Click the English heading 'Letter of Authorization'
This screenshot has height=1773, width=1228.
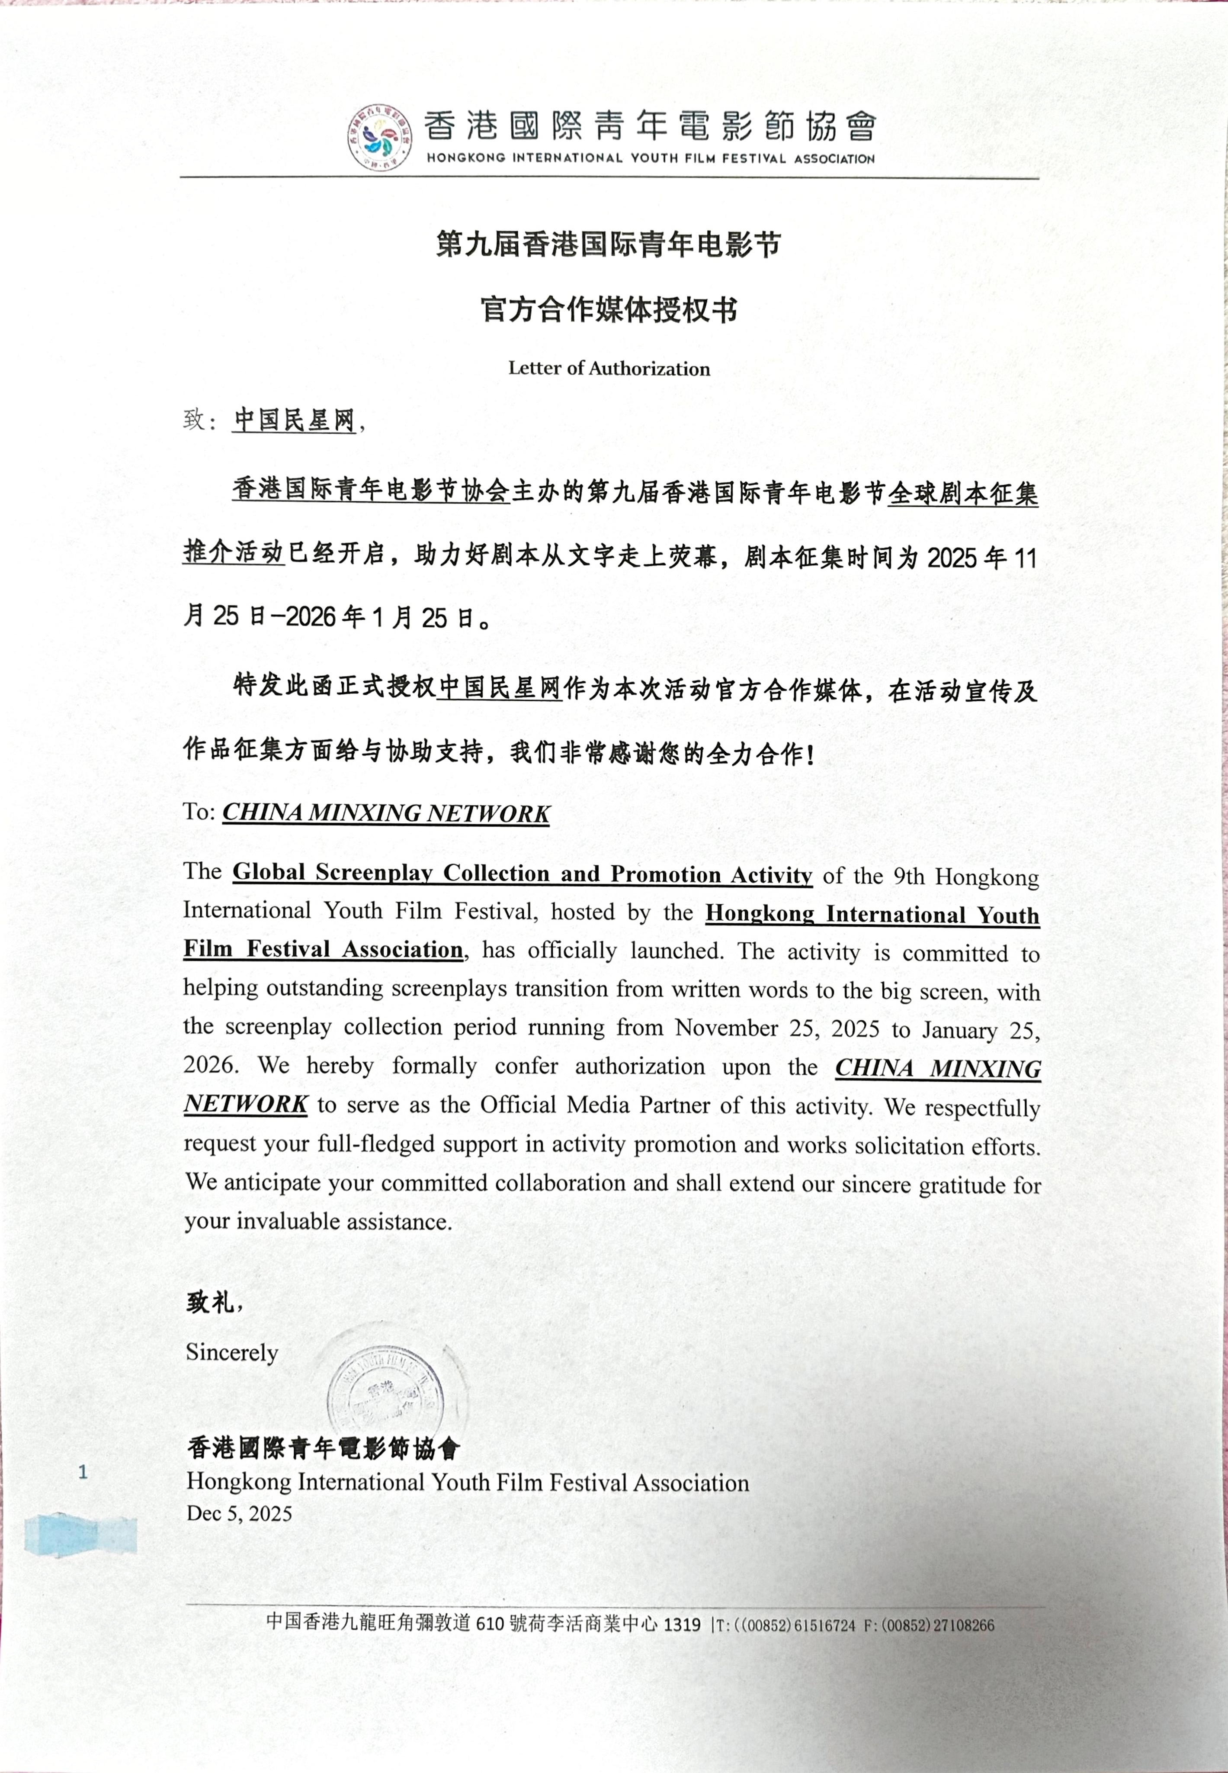(609, 368)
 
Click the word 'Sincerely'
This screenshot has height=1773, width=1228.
(231, 1353)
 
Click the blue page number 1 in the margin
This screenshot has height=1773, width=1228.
(83, 1473)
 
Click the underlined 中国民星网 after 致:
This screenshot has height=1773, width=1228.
(294, 420)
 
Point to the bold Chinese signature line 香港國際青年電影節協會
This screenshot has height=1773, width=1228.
(323, 1448)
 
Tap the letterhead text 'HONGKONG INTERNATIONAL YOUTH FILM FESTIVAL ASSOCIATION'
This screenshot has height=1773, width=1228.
(650, 158)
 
